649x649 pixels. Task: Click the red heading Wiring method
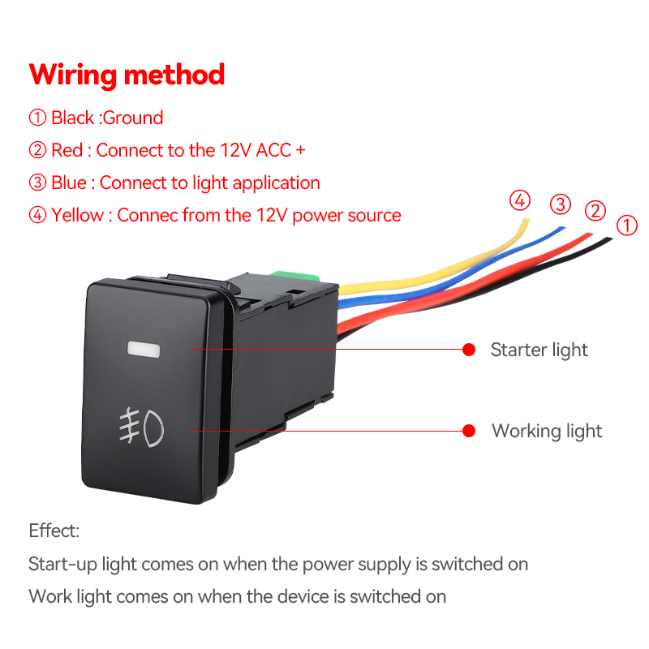pos(127,75)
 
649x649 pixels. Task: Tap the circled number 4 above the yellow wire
pos(520,200)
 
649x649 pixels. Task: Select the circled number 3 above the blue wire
pos(561,204)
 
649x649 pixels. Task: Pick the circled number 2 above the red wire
pos(595,210)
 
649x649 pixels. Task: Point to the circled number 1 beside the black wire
pos(626,226)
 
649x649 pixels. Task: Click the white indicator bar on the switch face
pos(144,349)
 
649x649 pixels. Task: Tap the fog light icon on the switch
pos(141,428)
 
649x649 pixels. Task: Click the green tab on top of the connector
pos(294,276)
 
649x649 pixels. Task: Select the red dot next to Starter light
pos(469,350)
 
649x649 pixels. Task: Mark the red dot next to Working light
pos(469,431)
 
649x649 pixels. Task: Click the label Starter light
pos(539,350)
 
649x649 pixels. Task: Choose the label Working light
pos(547,432)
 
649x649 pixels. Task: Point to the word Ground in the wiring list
pos(133,118)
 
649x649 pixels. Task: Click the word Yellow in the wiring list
pos(77,215)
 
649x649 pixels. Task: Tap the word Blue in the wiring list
pos(69,183)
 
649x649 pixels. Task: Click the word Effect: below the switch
pos(54,531)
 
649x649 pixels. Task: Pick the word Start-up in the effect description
pos(62,565)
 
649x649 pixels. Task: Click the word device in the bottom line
pos(304,596)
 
